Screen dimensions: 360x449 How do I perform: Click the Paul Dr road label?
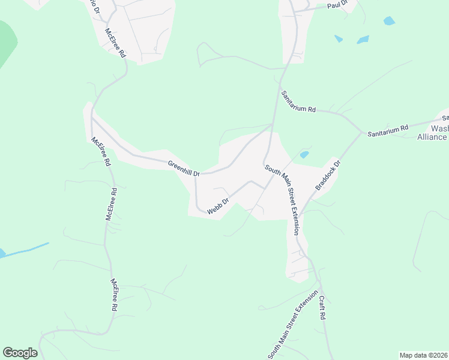(338, 5)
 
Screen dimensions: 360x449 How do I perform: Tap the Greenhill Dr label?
(183, 167)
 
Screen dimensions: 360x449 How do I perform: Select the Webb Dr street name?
(218, 206)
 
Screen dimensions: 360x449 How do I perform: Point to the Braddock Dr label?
(328, 175)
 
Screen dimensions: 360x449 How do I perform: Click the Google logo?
(20, 353)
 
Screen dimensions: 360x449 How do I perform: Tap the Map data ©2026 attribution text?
(423, 355)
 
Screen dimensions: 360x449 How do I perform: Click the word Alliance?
(432, 137)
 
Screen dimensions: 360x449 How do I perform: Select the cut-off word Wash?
(439, 128)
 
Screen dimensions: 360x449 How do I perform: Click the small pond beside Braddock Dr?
(304, 154)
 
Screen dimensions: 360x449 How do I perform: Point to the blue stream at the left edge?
(24, 249)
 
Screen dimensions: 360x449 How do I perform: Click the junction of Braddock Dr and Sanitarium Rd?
(361, 133)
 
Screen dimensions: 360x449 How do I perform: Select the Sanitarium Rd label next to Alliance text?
(388, 128)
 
